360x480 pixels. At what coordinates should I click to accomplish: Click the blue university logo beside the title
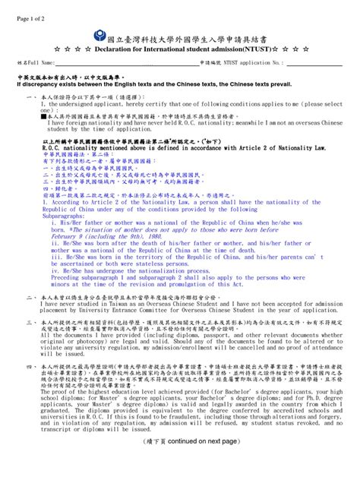(103, 36)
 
